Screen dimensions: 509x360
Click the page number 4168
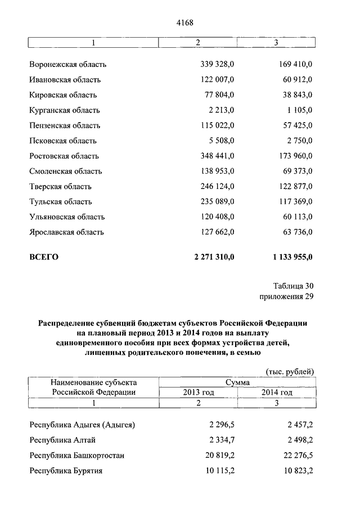[185, 22]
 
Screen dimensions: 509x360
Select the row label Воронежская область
[67, 65]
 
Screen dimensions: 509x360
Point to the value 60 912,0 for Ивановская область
[296, 80]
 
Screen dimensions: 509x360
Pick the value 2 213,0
[220, 110]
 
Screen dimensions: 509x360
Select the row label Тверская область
[60, 186]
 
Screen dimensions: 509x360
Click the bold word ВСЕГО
[44, 258]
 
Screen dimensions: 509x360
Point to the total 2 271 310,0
[214, 258]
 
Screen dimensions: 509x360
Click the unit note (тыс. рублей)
[290, 371]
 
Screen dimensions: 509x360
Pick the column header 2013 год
[198, 392]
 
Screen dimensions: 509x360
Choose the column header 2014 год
[277, 392]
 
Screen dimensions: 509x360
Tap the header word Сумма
[237, 382]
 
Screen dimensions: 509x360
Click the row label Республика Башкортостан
[77, 455]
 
